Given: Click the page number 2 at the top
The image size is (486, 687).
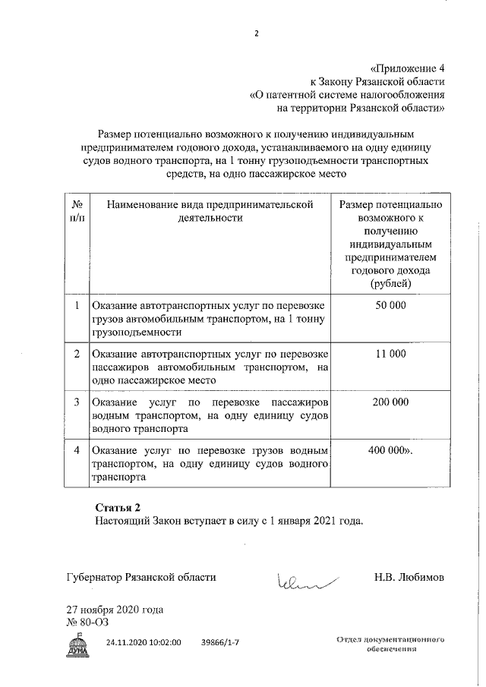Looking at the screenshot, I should coord(257,34).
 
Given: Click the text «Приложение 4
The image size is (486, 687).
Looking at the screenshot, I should coord(402,67).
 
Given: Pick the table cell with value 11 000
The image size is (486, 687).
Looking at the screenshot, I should coord(390,355).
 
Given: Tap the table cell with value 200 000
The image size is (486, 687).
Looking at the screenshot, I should coord(390,402).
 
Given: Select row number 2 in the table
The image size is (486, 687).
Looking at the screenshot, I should coord(77,355).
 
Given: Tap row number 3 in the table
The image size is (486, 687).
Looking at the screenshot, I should coord(77,402).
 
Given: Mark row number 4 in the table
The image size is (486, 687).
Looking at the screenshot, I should coord(77,451).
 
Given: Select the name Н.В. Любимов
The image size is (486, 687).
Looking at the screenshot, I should coord(409,578).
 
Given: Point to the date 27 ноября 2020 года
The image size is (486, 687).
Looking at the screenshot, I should coord(115,610).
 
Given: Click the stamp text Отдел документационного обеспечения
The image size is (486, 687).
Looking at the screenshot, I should coord(390,645).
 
